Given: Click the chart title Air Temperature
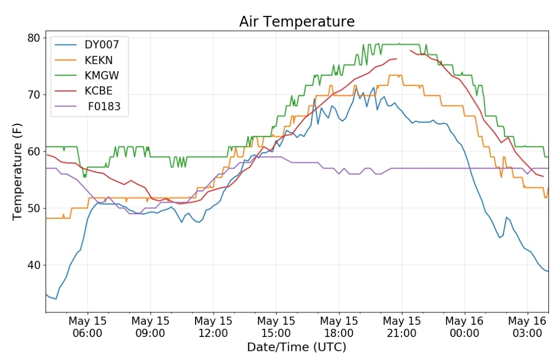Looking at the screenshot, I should tap(296, 22).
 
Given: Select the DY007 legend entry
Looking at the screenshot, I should tap(101, 44).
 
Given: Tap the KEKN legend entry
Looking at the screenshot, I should tap(98, 60).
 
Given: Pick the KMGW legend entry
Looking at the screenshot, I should tap(102, 76).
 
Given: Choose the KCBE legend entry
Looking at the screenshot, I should tap(98, 91).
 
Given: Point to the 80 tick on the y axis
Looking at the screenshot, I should tap(34, 38).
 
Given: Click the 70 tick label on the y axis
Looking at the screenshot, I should tap(34, 95).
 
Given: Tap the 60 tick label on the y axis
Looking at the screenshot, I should tap(34, 152).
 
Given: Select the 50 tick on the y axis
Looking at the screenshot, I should tap(34, 208).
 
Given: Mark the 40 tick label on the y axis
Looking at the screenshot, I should tap(34, 265).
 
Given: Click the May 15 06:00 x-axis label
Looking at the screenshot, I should tap(87, 327).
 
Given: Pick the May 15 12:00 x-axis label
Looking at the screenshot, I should tap(213, 327).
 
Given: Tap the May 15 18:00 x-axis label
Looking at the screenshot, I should tap(339, 327).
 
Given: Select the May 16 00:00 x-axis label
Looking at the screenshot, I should tap(464, 327).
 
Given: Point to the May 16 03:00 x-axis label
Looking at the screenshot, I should tap(527, 327).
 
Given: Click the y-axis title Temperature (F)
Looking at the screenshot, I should tap(18, 174).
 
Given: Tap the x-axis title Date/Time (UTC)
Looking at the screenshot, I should tap(296, 347).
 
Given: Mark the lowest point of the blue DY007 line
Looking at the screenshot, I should tap(56, 299).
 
